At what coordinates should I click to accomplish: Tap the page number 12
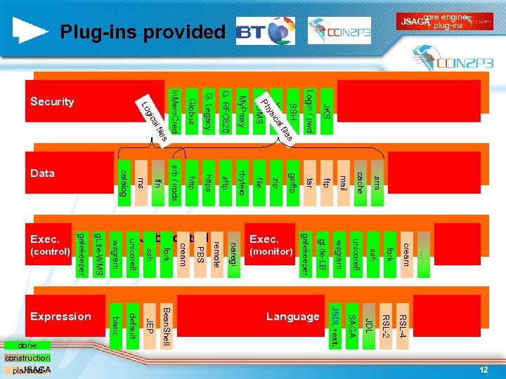pos(484,369)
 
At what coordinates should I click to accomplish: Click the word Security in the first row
pos(52,102)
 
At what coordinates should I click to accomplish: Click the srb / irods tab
pos(174,183)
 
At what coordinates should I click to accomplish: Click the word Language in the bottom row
pos(292,317)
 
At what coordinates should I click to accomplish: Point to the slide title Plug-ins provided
pos(142,32)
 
